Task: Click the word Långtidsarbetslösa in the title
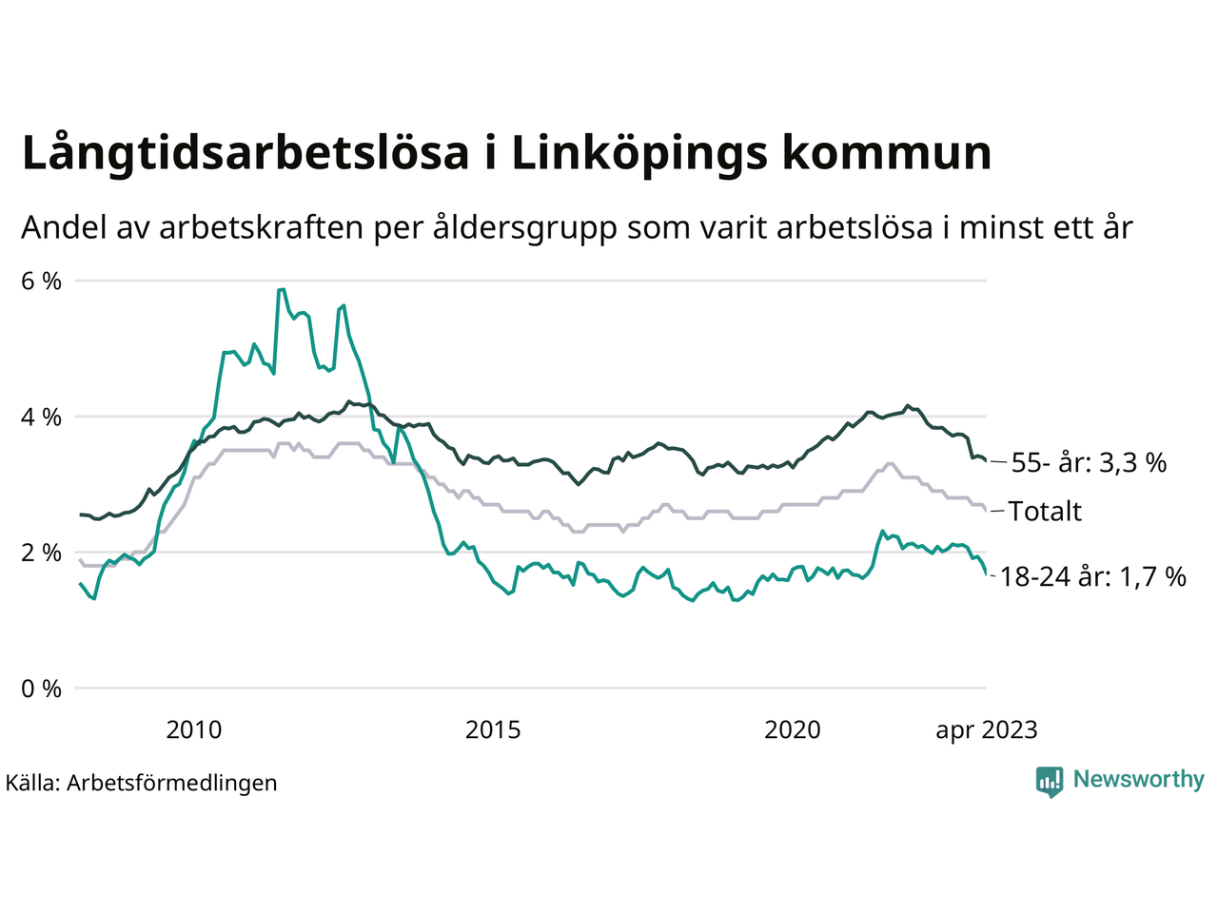pos(246,154)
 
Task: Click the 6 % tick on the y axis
pos(41,281)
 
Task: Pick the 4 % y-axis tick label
pos(41,417)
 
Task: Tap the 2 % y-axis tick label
pos(41,553)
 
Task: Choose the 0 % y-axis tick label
pos(41,689)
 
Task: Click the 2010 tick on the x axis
pos(193,729)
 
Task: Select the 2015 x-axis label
pos(493,729)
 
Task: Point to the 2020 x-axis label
pos(793,729)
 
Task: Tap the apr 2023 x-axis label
pos(986,729)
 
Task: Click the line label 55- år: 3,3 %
pos(1089,463)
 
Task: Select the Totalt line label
pos(1045,512)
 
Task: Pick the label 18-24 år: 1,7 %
pos(1093,576)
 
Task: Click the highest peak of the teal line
pos(282,289)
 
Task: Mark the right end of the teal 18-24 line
pos(986,573)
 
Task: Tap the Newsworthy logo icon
pos(1050,781)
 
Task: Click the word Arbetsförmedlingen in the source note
pos(172,783)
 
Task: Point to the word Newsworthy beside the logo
pos(1138,780)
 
